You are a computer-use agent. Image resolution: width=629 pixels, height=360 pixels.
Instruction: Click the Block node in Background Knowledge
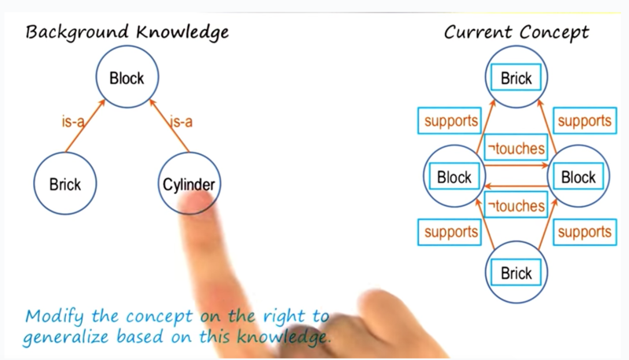(127, 76)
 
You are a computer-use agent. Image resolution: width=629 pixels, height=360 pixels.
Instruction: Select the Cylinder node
(189, 183)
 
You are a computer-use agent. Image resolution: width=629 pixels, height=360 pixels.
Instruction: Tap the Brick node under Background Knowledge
(65, 183)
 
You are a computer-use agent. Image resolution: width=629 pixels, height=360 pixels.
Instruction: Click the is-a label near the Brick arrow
(72, 121)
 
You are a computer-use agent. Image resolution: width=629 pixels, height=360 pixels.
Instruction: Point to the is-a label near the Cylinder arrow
(182, 121)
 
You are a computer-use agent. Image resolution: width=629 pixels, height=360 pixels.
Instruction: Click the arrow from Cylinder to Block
(169, 126)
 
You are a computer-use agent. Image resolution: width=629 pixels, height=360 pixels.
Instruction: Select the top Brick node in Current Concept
(517, 76)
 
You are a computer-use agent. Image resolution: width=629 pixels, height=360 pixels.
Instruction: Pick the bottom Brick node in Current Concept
(517, 272)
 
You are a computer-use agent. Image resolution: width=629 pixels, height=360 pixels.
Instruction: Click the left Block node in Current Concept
(454, 176)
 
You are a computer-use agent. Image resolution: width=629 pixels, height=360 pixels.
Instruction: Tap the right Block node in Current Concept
(579, 176)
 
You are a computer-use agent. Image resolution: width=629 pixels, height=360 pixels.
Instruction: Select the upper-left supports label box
(450, 120)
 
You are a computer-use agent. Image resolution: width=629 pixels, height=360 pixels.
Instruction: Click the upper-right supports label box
(585, 120)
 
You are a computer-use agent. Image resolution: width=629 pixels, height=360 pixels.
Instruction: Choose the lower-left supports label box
(450, 232)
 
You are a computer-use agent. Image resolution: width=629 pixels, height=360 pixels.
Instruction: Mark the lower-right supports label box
(585, 232)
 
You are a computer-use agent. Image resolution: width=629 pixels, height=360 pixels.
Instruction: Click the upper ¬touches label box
(516, 148)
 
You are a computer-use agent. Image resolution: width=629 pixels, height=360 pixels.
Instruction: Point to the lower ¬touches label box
(516, 205)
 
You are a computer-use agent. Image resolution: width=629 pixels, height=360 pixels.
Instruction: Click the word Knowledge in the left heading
(182, 32)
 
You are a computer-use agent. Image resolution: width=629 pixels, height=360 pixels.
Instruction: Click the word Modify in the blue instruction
(54, 317)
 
